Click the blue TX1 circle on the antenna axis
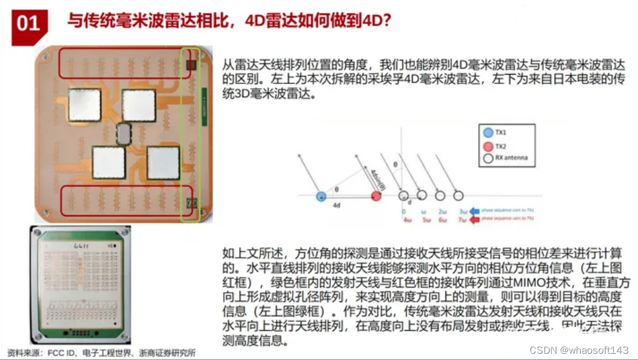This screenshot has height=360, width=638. coord(320,196)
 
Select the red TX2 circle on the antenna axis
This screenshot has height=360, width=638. coord(376,196)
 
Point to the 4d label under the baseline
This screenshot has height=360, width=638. coord(336,205)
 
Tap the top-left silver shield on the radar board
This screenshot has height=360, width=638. coord(83,105)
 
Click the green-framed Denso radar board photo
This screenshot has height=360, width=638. coord(80,284)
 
